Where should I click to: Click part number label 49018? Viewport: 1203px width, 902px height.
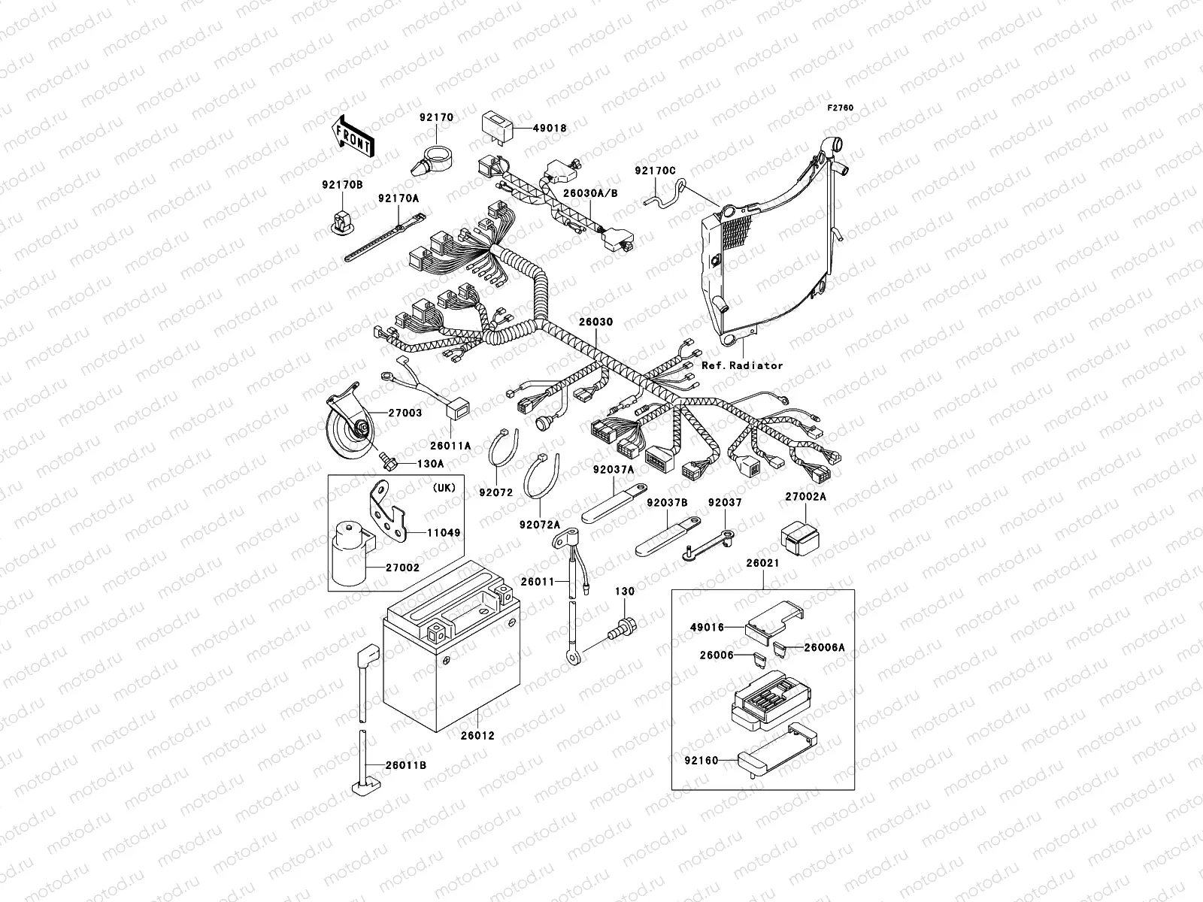pos(550,129)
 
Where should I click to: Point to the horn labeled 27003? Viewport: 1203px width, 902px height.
pos(350,430)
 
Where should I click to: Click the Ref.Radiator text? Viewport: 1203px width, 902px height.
pos(741,366)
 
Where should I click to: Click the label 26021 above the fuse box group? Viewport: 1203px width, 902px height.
pos(762,563)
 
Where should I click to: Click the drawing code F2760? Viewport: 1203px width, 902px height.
pos(841,108)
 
